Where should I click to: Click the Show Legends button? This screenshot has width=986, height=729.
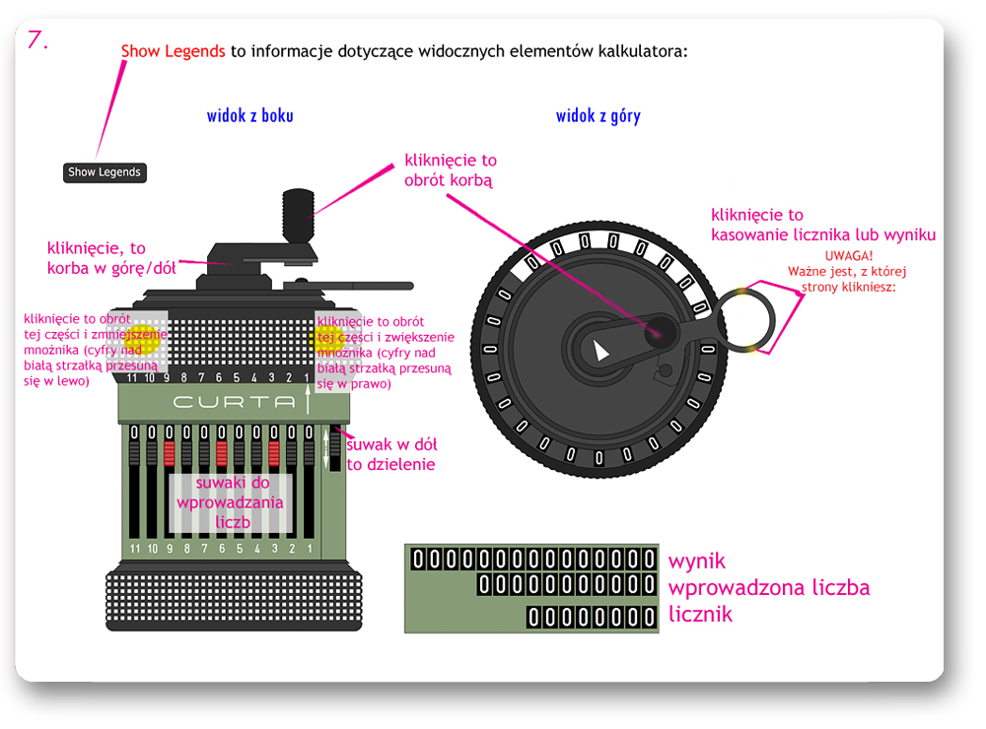[105, 172]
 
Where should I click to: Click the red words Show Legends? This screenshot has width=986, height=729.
[173, 51]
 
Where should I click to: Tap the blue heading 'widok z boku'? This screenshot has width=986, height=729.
[249, 116]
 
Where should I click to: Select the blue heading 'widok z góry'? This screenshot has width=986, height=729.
[598, 116]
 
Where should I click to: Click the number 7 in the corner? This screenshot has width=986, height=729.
[37, 40]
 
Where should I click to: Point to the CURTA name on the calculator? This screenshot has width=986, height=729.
[234, 402]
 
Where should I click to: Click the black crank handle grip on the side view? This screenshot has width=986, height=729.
[297, 213]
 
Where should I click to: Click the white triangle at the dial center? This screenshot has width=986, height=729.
[601, 348]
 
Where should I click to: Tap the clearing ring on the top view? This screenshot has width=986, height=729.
[753, 318]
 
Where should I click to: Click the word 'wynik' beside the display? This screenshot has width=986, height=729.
[696, 561]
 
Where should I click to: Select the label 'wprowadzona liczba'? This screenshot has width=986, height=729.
[769, 588]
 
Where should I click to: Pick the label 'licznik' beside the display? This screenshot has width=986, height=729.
[700, 615]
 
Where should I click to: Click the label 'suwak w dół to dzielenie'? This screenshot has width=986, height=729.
[390, 454]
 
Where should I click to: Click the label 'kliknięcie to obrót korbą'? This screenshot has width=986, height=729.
[450, 169]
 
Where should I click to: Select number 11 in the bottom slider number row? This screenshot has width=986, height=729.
[133, 548]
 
